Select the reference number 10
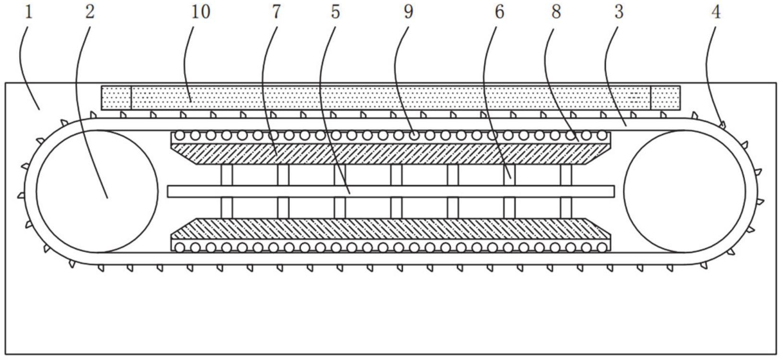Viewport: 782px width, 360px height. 201,12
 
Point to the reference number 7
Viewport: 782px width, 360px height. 276,12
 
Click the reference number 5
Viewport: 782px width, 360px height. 335,12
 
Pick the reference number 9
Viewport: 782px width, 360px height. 408,12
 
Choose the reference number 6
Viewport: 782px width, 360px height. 499,12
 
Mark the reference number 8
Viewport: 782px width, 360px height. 556,12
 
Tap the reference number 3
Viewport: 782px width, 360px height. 618,12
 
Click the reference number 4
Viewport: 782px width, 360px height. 715,12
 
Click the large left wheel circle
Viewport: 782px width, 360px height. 97,191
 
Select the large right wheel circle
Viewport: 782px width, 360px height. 685,191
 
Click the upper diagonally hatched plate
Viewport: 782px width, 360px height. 391,154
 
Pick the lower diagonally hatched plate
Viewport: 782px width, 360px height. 391,229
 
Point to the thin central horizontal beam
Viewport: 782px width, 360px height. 391,191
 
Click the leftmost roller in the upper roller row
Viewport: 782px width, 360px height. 180,135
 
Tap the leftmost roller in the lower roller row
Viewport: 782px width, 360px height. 180,248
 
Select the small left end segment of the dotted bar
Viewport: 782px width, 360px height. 116,97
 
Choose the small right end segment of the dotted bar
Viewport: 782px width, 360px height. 665,97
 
